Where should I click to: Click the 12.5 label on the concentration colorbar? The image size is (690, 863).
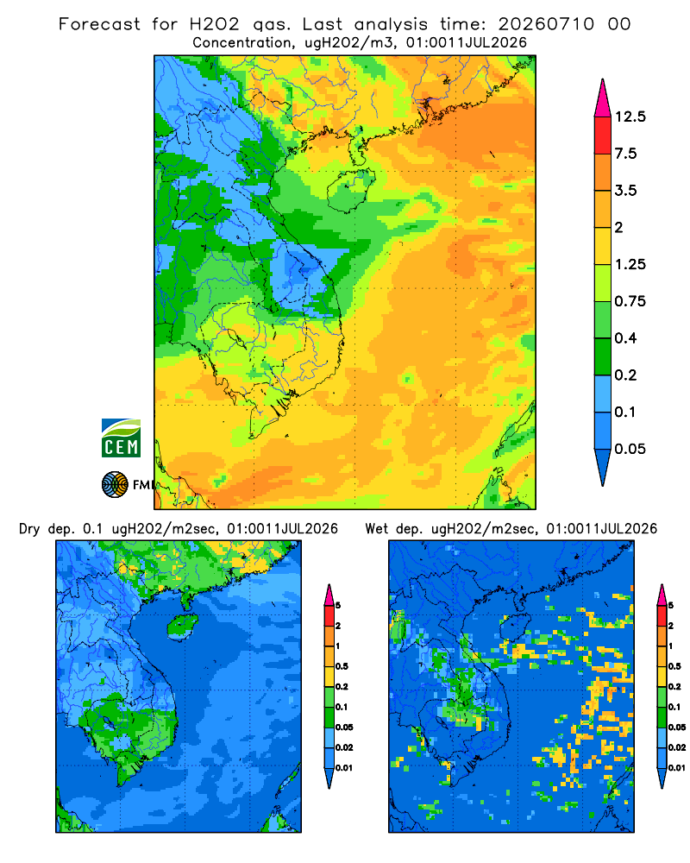click(x=630, y=117)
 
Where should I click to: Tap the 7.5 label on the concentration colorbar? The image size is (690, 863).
click(x=625, y=154)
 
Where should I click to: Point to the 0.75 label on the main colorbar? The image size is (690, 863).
click(x=630, y=301)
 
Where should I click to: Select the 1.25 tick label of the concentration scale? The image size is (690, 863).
click(x=630, y=264)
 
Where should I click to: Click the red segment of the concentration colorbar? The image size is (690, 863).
click(x=603, y=135)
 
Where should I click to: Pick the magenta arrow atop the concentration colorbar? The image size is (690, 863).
click(x=603, y=98)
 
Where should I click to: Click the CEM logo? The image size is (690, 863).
click(x=121, y=438)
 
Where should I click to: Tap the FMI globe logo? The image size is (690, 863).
click(x=115, y=485)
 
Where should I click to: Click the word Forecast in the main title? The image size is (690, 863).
click(x=99, y=24)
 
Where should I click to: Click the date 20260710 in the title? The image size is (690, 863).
click(x=546, y=24)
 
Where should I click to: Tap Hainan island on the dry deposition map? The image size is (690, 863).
click(x=182, y=627)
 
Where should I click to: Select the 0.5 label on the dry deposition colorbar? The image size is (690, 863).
click(x=342, y=666)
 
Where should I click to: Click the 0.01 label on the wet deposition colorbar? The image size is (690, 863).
click(x=677, y=768)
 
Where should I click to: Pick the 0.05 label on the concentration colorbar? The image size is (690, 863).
click(x=630, y=449)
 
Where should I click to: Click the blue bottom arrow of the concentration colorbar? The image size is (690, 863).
click(x=603, y=468)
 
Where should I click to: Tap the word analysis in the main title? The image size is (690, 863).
click(x=391, y=25)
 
